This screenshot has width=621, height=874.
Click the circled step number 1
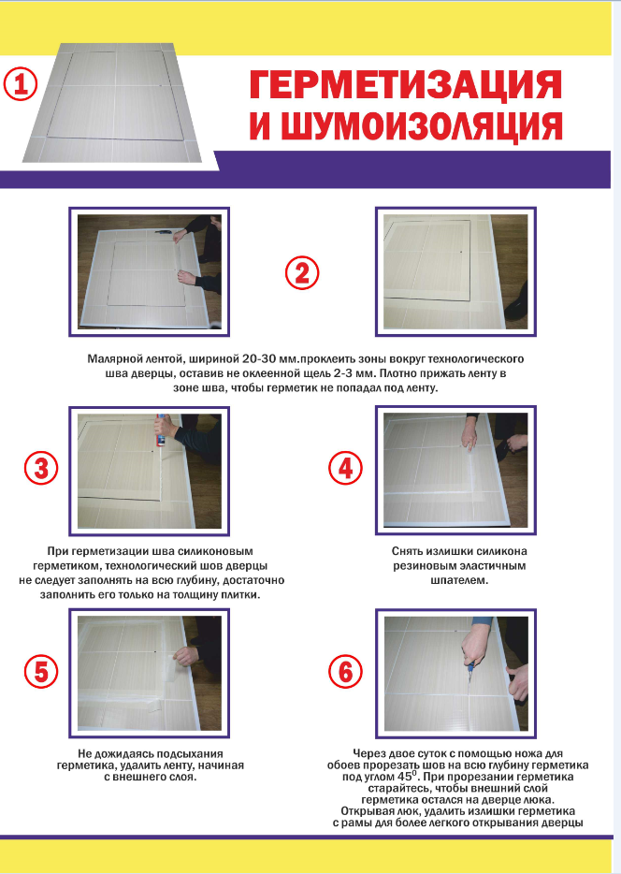tap(21, 85)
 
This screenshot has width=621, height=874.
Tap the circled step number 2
tap(302, 273)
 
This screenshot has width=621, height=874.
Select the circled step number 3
tap(41, 468)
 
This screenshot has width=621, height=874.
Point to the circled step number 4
tap(345, 468)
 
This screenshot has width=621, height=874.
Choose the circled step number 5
tap(41, 671)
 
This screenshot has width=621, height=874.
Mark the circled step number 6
tap(345, 671)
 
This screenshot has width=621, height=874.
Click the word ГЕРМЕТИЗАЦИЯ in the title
tap(406, 86)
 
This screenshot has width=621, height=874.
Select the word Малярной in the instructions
tap(112, 359)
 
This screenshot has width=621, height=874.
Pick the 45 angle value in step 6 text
tap(403, 777)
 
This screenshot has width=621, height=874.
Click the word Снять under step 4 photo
tap(407, 551)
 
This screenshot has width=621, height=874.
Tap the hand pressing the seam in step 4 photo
tap(469, 433)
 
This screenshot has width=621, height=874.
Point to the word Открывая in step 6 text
tap(364, 810)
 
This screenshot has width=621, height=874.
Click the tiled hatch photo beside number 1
tap(113, 103)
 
